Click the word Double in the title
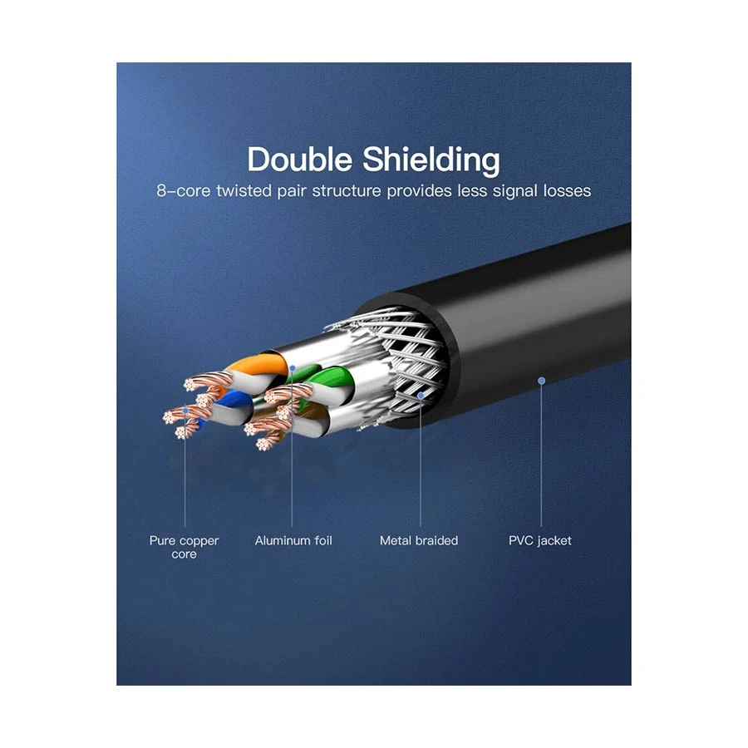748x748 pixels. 299,159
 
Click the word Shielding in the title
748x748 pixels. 431,160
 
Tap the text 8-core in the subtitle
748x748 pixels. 183,191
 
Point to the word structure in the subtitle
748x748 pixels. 347,191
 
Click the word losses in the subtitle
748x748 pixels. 567,191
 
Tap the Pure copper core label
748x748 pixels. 185,547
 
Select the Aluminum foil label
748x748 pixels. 293,540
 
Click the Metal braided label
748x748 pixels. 419,540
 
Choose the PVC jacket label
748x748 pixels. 540,541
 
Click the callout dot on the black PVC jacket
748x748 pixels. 541,381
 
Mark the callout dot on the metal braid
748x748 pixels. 421,396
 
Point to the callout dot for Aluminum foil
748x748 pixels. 293,368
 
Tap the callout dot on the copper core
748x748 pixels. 185,411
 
